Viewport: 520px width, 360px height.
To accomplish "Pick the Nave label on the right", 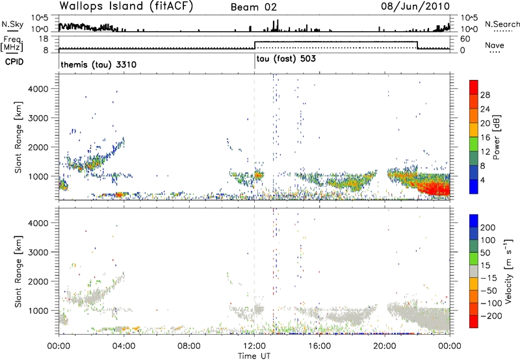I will pyautogui.click(x=496, y=44).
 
